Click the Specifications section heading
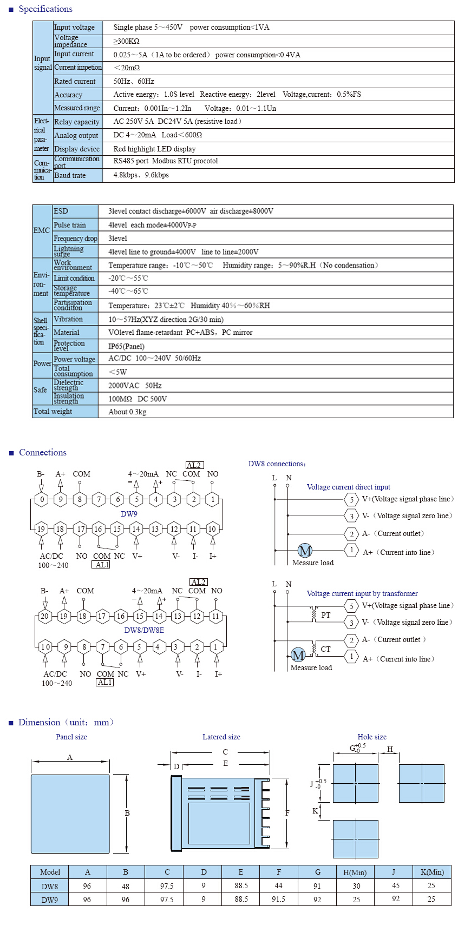[x=45, y=9]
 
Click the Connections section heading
[x=43, y=452]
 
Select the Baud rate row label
[x=70, y=175]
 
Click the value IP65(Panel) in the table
[x=126, y=346]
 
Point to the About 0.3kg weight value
[x=127, y=412]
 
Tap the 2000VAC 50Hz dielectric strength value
[x=135, y=386]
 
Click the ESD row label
[x=61, y=211]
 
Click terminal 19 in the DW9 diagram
[x=41, y=529]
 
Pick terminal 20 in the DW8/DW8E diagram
[x=44, y=616]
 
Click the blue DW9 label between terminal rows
[x=129, y=514]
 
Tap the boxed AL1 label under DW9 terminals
[x=101, y=565]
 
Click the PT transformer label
[x=325, y=615]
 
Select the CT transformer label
[x=325, y=649]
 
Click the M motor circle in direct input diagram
[x=305, y=551]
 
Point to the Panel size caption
[x=71, y=737]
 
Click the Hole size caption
[x=372, y=737]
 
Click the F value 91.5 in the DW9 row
[x=279, y=899]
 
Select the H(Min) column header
[x=355, y=872]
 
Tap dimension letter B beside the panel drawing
[x=127, y=813]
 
